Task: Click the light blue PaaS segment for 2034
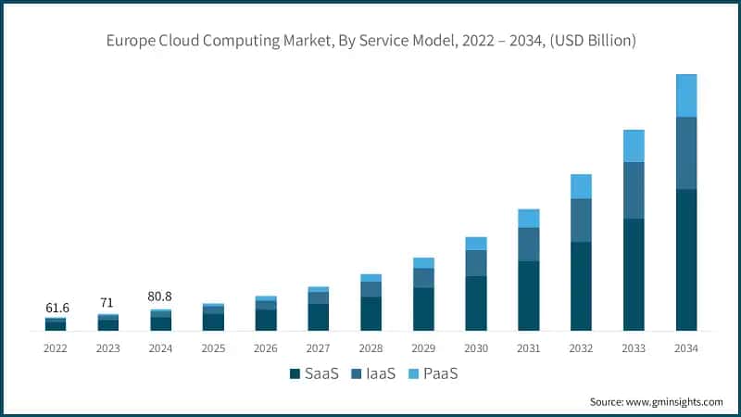coord(686,95)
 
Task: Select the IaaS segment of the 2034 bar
coord(686,153)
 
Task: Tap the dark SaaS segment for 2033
coord(634,274)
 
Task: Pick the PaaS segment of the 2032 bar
coord(581,186)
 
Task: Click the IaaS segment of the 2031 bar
coord(529,244)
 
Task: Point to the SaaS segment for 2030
coord(476,303)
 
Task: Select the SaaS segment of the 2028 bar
coord(370,313)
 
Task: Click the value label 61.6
coord(56,307)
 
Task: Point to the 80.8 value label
coord(160,297)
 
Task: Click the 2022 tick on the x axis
coord(56,348)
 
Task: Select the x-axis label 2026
coord(266,348)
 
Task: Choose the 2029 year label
coord(423,348)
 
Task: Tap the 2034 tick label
coord(686,348)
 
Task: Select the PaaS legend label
coord(441,374)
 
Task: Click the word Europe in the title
coord(128,40)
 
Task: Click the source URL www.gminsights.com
coord(674,401)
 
